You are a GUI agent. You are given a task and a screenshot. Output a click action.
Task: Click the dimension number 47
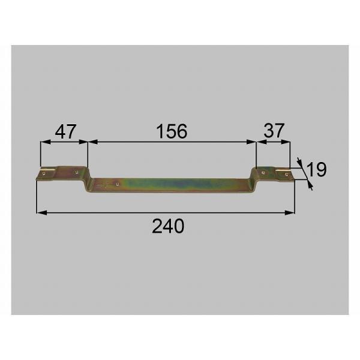point(65,131)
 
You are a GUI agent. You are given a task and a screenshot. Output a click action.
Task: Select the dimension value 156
point(171,131)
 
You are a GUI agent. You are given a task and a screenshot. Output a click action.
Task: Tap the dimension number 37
point(274,131)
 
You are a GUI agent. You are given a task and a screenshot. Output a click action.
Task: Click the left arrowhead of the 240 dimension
point(40,212)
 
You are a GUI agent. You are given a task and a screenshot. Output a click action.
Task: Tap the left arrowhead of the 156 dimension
point(91,142)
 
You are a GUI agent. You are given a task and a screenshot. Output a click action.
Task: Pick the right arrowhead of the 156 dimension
point(253,142)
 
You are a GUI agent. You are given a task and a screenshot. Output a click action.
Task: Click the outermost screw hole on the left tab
point(43,175)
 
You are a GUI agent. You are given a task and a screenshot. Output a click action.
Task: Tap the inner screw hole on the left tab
point(77,171)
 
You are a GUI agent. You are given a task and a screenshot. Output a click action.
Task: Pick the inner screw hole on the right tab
point(263,172)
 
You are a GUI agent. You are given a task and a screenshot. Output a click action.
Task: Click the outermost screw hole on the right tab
point(287,174)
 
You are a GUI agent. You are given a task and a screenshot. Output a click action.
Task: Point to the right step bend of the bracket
point(253,178)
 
